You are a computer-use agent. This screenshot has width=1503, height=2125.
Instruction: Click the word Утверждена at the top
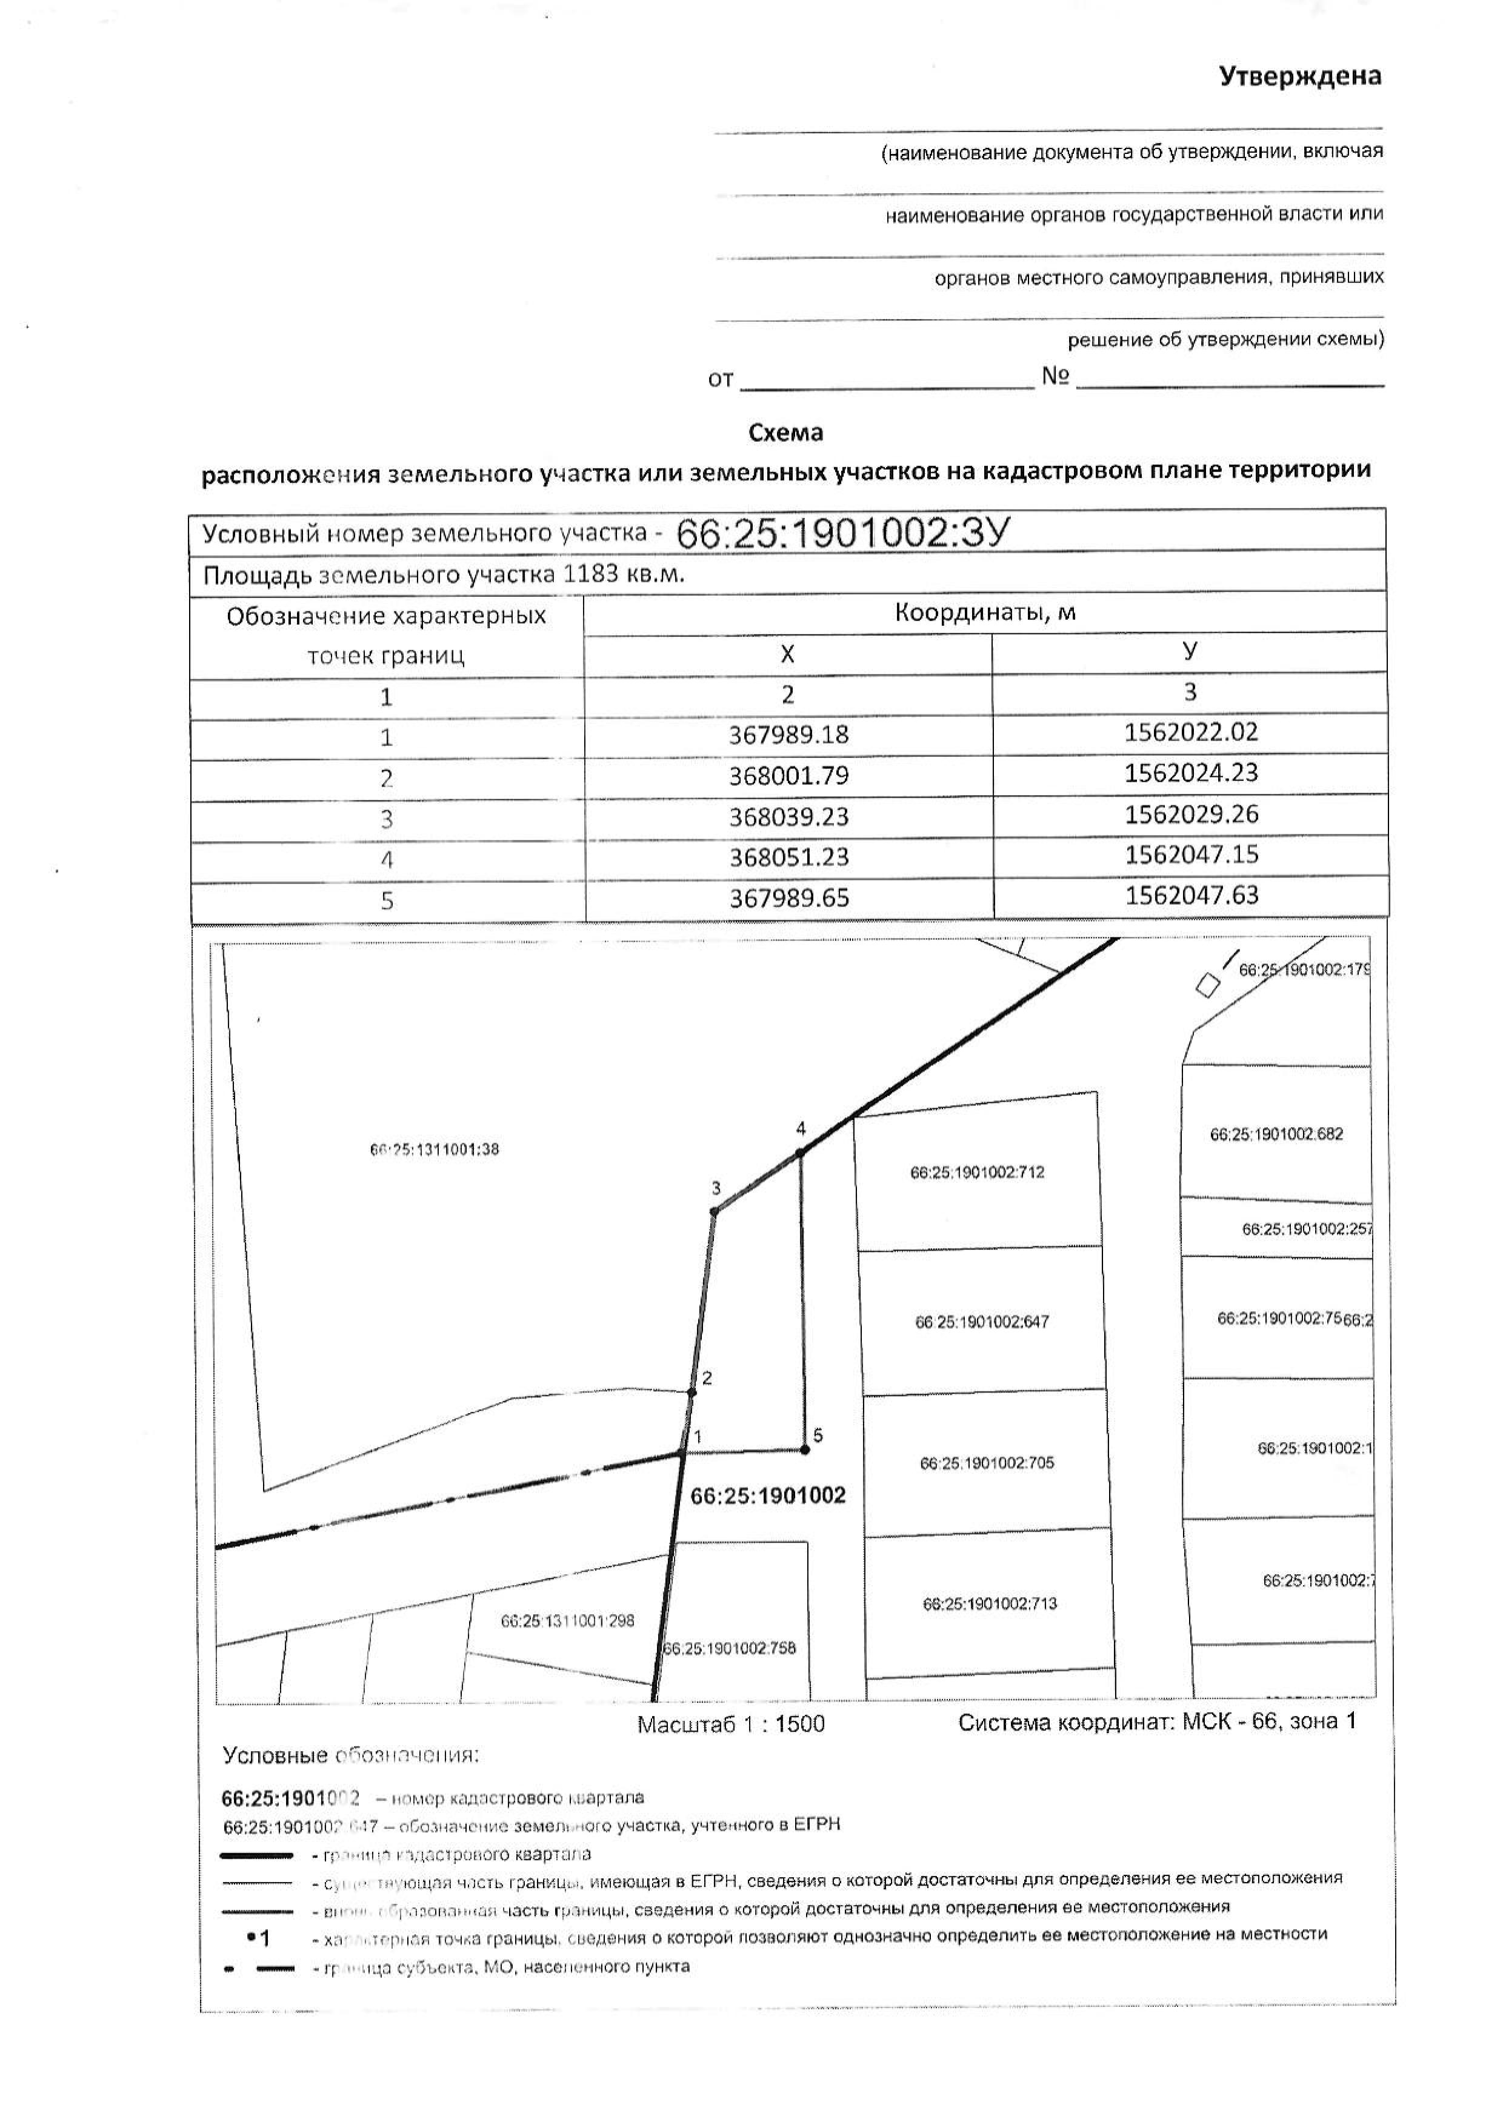(1299, 76)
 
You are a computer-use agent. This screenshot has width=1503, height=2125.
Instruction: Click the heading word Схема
(786, 432)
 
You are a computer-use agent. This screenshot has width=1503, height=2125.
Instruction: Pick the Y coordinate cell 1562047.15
(1191, 854)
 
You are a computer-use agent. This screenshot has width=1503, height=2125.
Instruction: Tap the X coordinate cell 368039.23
(788, 817)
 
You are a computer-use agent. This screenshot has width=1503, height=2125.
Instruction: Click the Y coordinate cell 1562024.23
(1191, 773)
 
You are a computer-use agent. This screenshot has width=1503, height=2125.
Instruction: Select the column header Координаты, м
(985, 613)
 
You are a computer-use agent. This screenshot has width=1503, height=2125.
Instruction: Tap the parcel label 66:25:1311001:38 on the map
(434, 1151)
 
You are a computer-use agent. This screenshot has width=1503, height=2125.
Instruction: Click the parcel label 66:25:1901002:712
(978, 1172)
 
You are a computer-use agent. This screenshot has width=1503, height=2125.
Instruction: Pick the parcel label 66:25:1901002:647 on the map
(982, 1323)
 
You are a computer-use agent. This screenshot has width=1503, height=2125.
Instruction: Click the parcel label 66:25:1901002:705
(987, 1463)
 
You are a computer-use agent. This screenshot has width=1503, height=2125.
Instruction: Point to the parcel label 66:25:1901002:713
(989, 1604)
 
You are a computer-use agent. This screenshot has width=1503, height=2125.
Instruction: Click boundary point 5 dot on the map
(804, 1450)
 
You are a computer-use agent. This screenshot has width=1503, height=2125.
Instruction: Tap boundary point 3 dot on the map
(715, 1212)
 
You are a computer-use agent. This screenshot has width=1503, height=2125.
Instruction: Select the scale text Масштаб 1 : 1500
(730, 1724)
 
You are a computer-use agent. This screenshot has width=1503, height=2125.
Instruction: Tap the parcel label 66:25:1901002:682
(1276, 1135)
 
